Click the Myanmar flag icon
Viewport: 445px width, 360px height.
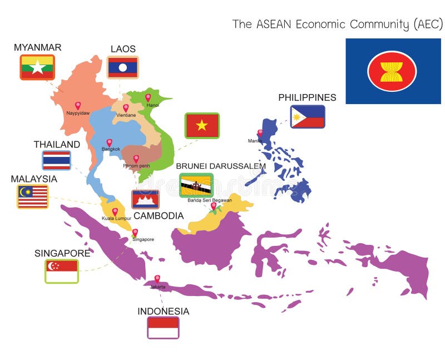(x=37, y=67)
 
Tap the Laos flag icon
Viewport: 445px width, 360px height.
(x=122, y=67)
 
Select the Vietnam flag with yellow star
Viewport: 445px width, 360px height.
(x=202, y=125)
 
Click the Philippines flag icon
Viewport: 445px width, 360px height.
(x=308, y=117)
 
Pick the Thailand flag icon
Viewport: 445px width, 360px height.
(x=57, y=160)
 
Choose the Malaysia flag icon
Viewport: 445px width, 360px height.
(x=33, y=196)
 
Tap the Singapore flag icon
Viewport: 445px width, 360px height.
(x=62, y=271)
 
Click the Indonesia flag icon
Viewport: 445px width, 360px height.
(x=163, y=327)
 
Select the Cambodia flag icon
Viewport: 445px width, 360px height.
(x=145, y=199)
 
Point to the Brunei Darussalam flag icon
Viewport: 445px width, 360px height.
(x=196, y=185)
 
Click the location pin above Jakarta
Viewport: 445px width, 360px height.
(x=157, y=278)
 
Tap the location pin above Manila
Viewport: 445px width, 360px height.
(x=259, y=133)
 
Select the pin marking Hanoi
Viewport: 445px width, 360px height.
(x=148, y=97)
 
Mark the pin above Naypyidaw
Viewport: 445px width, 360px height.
(x=78, y=105)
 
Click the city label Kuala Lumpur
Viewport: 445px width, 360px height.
(x=116, y=219)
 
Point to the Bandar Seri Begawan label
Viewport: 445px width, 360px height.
(x=210, y=200)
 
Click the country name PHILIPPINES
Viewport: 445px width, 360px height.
(x=307, y=97)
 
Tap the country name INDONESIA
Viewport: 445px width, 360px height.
(x=163, y=311)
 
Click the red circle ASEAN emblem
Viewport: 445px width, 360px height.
(x=392, y=71)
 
